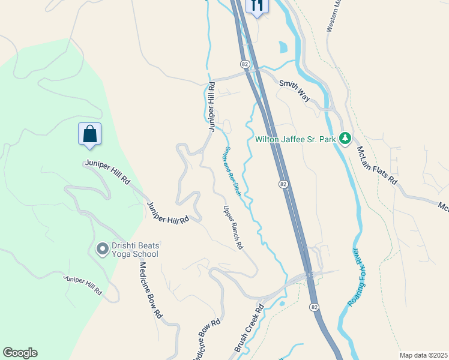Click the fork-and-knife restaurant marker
point(257,6)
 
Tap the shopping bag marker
point(89,134)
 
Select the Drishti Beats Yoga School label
point(128,250)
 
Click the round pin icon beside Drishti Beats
point(102,247)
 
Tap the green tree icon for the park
point(345,139)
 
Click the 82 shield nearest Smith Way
point(244,64)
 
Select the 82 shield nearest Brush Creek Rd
point(314,307)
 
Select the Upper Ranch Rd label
point(233,228)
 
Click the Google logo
point(20,353)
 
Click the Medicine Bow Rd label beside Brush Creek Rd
point(205,340)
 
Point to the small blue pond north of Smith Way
point(283,47)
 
